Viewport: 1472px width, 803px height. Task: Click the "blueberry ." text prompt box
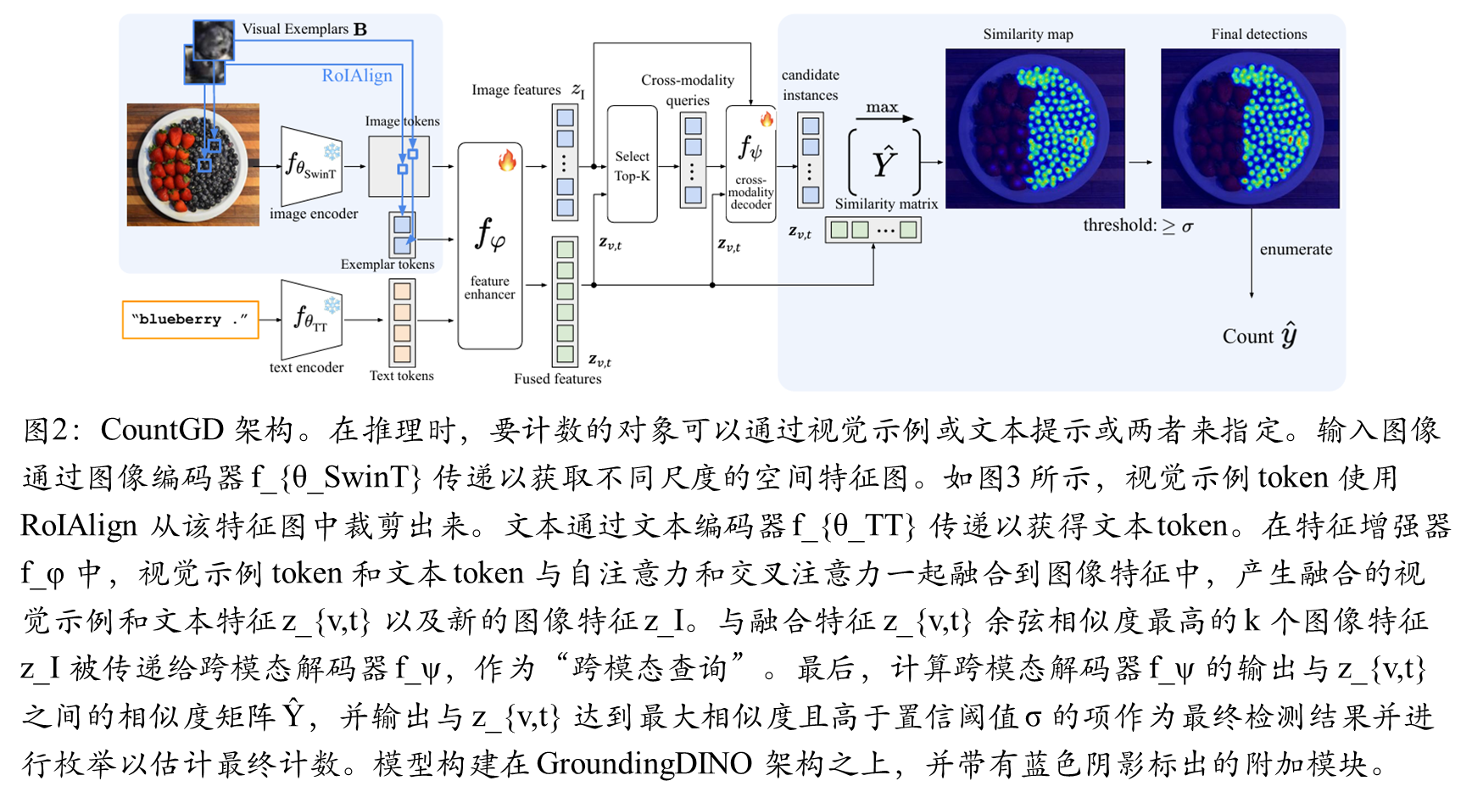click(x=190, y=320)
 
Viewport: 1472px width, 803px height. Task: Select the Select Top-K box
click(x=633, y=164)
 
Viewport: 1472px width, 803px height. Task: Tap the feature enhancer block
click(x=490, y=246)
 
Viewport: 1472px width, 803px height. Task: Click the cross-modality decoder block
click(x=750, y=165)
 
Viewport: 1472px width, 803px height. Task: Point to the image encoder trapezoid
click(x=311, y=165)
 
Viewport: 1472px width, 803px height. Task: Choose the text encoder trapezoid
click(x=311, y=320)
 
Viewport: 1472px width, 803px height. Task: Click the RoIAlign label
click(x=357, y=75)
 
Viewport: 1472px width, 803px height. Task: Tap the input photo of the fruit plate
click(x=193, y=165)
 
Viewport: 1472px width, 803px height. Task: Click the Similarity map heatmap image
click(x=1034, y=128)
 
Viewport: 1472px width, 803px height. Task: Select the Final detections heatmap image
click(x=1250, y=128)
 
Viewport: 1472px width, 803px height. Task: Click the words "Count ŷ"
click(x=1259, y=337)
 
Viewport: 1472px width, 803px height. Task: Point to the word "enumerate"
click(x=1296, y=249)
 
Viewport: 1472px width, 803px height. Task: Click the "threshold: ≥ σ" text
click(x=1138, y=226)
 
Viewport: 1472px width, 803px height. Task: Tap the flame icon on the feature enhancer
click(x=507, y=159)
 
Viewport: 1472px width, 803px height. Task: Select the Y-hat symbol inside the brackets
click(x=884, y=162)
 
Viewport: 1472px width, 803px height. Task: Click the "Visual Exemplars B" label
click(x=304, y=30)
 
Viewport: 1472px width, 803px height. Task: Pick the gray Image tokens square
click(x=399, y=166)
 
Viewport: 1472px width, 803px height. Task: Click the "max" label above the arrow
click(x=882, y=108)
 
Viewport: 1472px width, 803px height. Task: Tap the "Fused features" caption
click(x=557, y=379)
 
